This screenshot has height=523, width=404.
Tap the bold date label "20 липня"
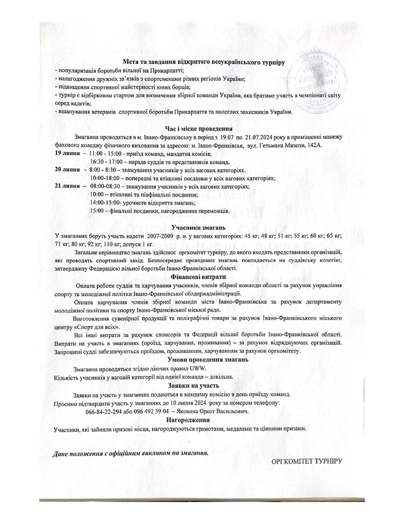[67, 171]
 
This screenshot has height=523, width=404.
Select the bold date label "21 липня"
[67, 186]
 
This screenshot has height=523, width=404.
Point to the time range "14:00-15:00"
[110, 202]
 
